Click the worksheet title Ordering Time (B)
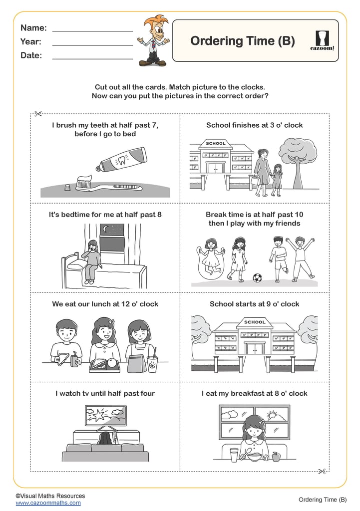click(x=242, y=41)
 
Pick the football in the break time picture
click(x=257, y=277)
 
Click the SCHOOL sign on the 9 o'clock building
click(x=255, y=322)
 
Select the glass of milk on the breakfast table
click(x=234, y=455)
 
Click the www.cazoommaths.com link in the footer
click(x=48, y=503)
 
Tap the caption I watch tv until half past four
click(x=105, y=393)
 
